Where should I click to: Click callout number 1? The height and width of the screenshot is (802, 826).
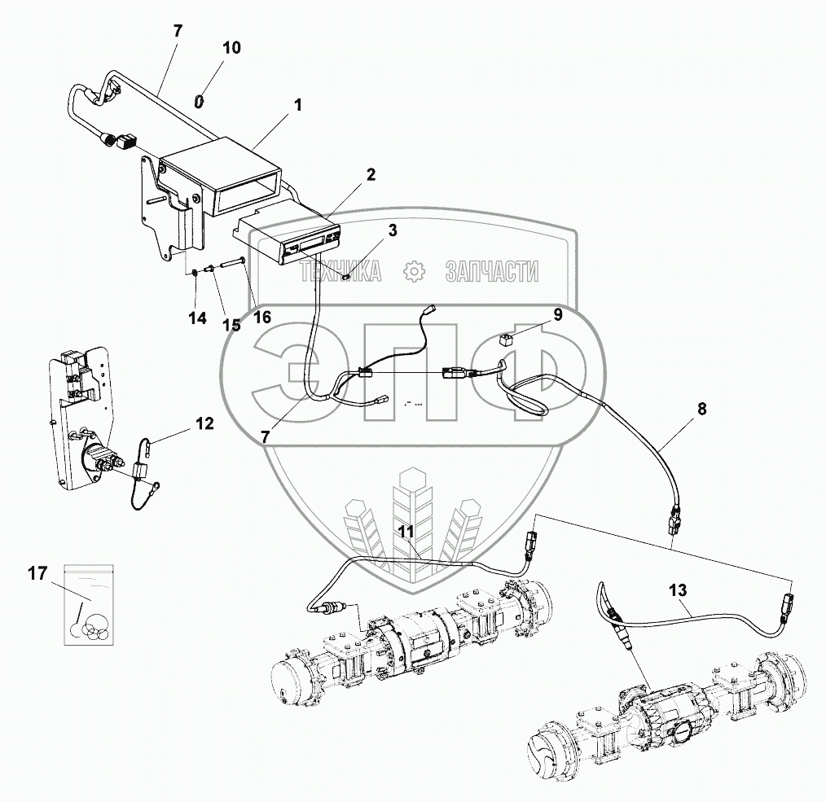[x=298, y=105]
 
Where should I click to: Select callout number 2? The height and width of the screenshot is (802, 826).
[x=371, y=174]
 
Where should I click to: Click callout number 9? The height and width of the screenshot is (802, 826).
[x=558, y=313]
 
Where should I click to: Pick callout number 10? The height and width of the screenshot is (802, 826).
[x=231, y=47]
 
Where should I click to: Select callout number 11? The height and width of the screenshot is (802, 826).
[x=406, y=531]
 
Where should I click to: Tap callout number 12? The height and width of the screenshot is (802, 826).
[x=204, y=423]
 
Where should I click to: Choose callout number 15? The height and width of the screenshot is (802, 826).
[x=232, y=325]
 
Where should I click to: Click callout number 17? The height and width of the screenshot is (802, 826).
[x=37, y=575]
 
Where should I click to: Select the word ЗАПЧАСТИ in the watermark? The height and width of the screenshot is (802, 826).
[x=492, y=272]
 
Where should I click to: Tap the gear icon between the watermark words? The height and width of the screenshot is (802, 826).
[x=415, y=271]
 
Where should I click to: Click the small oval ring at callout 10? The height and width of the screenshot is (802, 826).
[x=198, y=101]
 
